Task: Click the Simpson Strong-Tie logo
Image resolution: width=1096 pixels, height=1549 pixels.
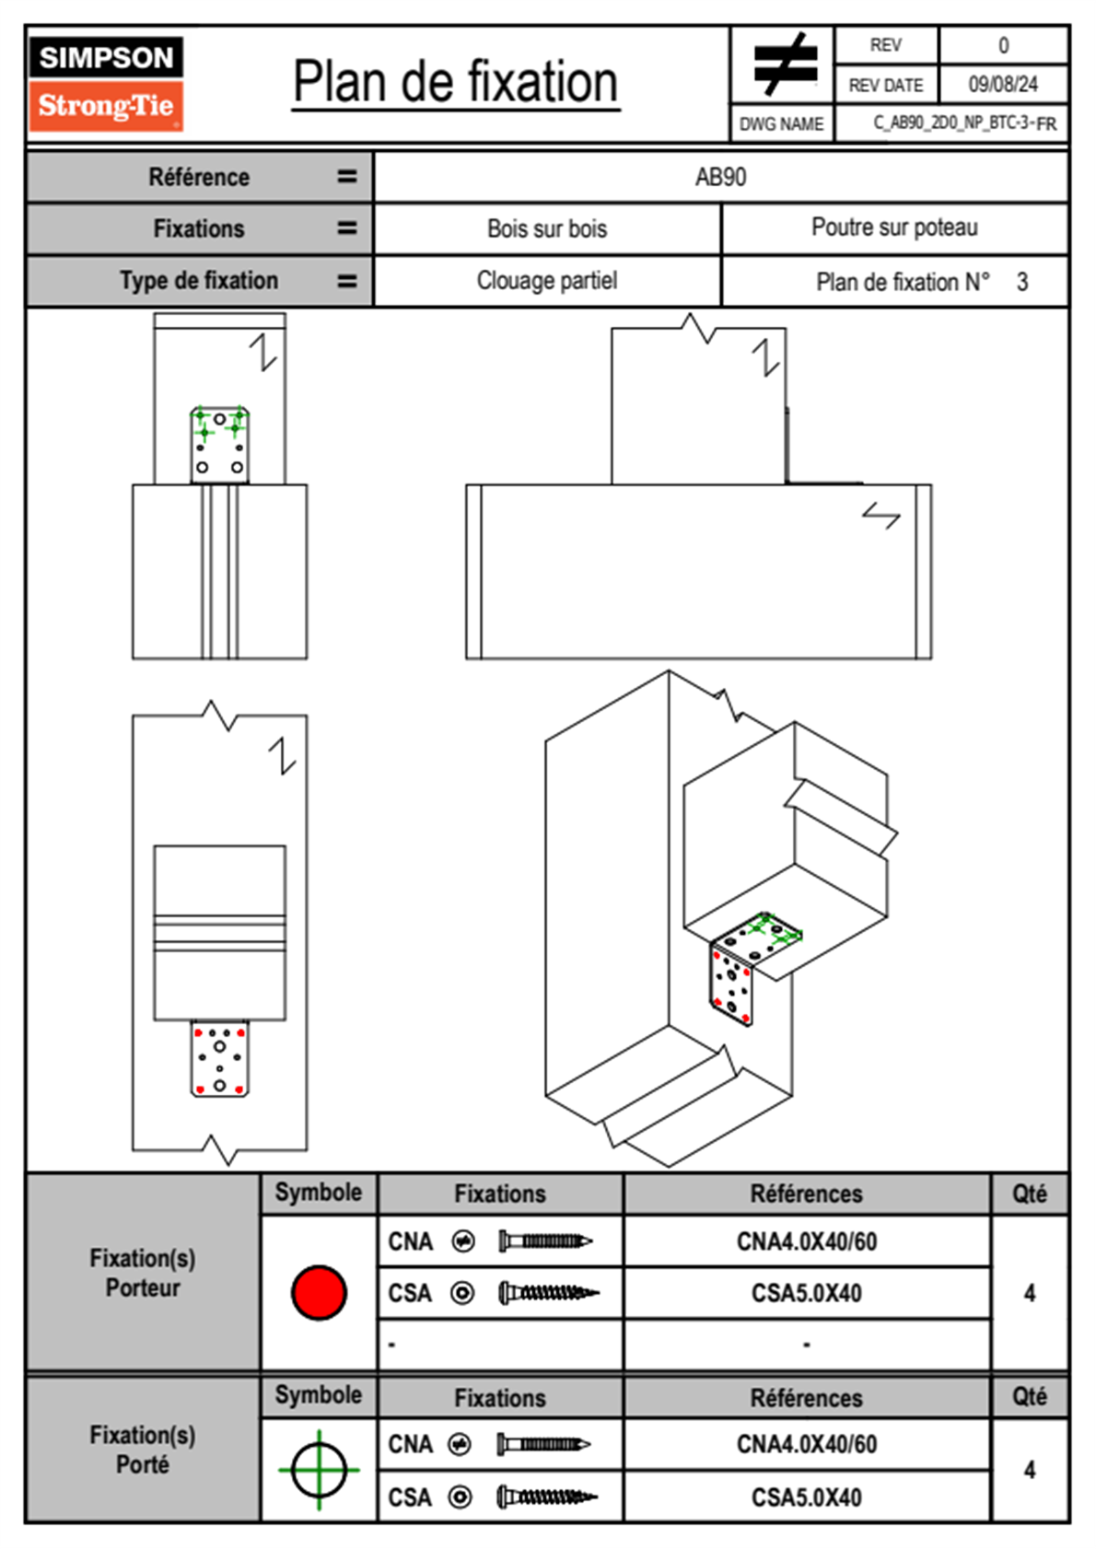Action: pyautogui.click(x=106, y=83)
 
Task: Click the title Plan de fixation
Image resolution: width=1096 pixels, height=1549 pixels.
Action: pyautogui.click(x=455, y=83)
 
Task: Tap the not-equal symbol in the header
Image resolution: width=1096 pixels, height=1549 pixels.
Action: pyautogui.click(x=784, y=64)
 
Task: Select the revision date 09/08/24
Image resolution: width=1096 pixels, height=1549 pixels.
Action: pyautogui.click(x=1002, y=85)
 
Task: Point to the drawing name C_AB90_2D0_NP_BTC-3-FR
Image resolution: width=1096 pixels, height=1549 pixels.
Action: pyautogui.click(x=963, y=123)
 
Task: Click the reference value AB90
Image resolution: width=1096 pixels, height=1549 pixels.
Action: pyautogui.click(x=720, y=177)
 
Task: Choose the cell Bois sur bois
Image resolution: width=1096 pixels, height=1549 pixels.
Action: pyautogui.click(x=547, y=228)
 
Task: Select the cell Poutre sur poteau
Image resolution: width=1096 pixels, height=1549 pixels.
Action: pyautogui.click(x=894, y=227)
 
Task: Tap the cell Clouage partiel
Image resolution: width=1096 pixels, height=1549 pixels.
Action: pyautogui.click(x=547, y=280)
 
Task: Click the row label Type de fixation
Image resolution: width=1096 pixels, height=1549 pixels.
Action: pyautogui.click(x=199, y=280)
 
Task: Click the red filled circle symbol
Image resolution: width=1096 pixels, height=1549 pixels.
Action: pyautogui.click(x=319, y=1292)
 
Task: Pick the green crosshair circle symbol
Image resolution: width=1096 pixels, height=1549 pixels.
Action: pyautogui.click(x=319, y=1470)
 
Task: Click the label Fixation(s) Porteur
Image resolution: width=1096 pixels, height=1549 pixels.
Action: pyautogui.click(x=143, y=1273)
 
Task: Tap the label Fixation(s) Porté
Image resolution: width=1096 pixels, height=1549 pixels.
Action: pyautogui.click(x=143, y=1450)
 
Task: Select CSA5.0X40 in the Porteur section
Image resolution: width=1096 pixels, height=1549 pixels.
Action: pyautogui.click(x=806, y=1293)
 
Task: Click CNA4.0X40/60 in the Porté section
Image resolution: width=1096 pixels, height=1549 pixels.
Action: pyautogui.click(x=806, y=1444)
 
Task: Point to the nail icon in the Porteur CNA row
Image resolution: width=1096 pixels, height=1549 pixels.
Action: pyautogui.click(x=545, y=1241)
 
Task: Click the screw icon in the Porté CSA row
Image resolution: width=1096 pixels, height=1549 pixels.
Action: pyautogui.click(x=547, y=1497)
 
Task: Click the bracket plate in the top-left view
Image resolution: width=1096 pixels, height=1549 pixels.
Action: pyautogui.click(x=219, y=444)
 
